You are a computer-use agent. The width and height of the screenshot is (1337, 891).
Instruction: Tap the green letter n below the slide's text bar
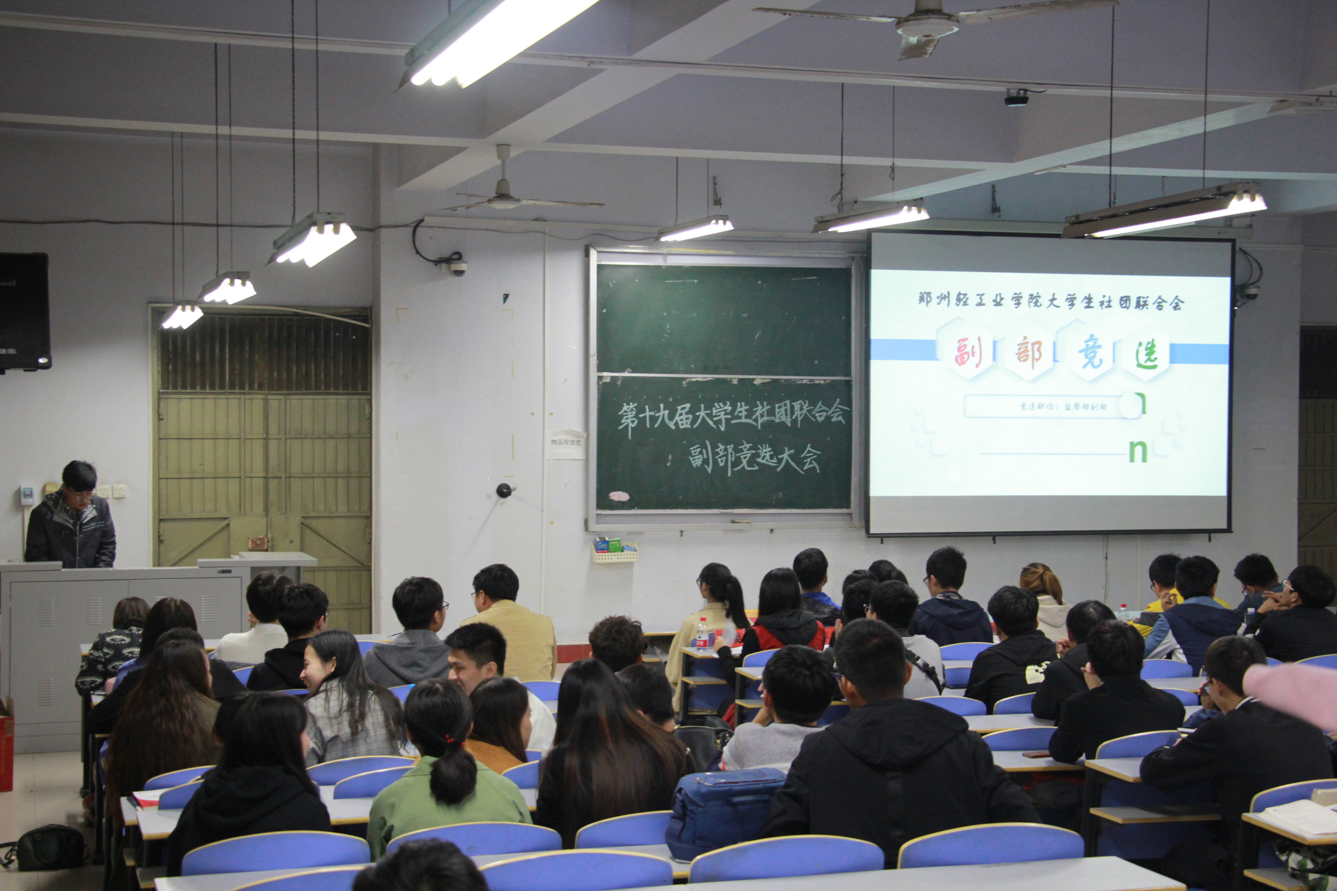tap(1137, 452)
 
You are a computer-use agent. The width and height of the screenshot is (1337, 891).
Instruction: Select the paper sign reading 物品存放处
tap(566, 442)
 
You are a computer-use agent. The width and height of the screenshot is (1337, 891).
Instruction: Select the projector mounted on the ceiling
tap(1016, 98)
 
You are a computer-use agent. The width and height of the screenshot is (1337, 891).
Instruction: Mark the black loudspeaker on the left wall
tap(24, 311)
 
